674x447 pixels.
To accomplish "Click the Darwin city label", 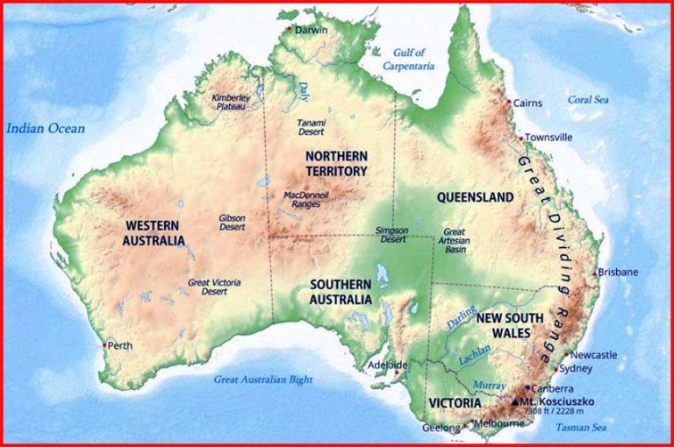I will tap(311, 30).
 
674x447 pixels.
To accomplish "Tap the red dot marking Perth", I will tap(104, 345).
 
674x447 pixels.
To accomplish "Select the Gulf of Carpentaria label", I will tap(408, 59).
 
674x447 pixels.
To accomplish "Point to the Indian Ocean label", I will tap(46, 129).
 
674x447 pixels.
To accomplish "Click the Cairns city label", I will tap(528, 103).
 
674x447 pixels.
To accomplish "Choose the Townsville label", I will tap(549, 138).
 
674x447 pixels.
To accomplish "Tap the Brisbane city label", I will tap(620, 273).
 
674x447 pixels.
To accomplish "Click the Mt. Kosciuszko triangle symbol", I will tap(515, 401).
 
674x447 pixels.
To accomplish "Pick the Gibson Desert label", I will tap(232, 223).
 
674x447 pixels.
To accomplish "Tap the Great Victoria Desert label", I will tap(214, 287).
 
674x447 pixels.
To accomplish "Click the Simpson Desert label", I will tap(391, 234).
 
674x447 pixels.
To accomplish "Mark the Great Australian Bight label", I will tap(263, 380).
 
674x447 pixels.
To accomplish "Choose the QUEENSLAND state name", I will tap(475, 198).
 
